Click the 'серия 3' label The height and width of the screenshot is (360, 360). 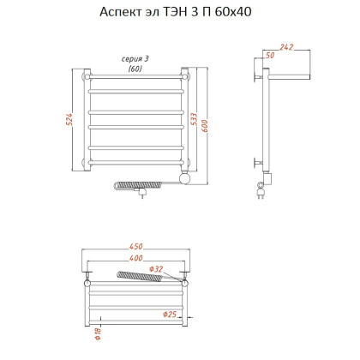point(135,58)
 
